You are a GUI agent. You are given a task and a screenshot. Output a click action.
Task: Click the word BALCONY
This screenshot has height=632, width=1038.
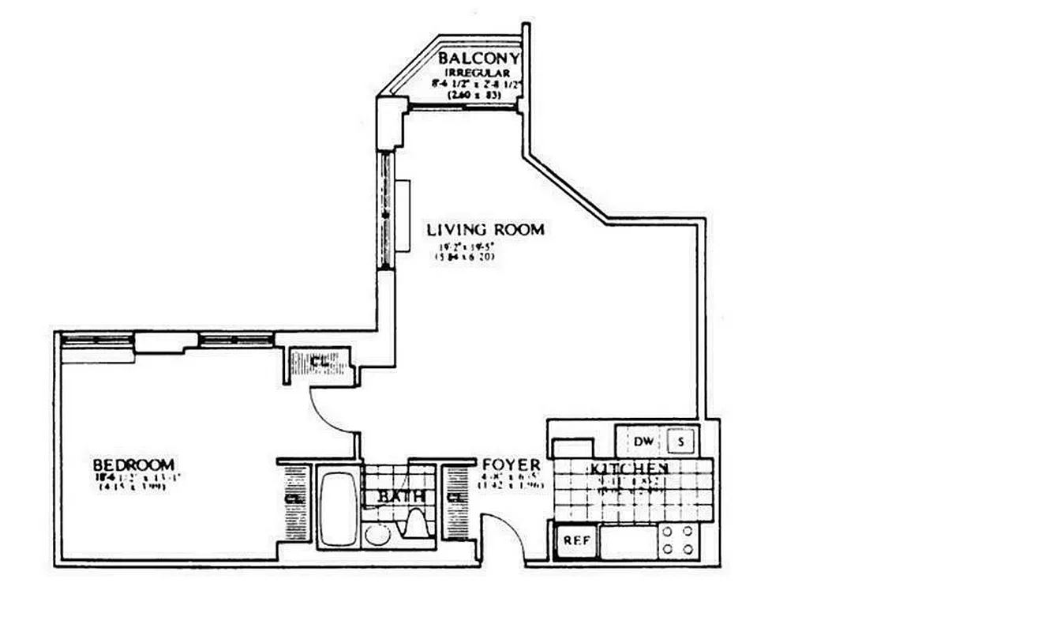coord(479,58)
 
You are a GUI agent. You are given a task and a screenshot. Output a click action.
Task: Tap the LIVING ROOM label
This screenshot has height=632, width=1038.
coord(485,230)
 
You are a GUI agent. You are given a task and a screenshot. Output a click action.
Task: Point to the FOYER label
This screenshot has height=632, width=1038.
coord(512,465)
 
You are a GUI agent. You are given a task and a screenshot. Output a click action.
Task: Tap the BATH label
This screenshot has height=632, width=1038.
coord(401,497)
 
